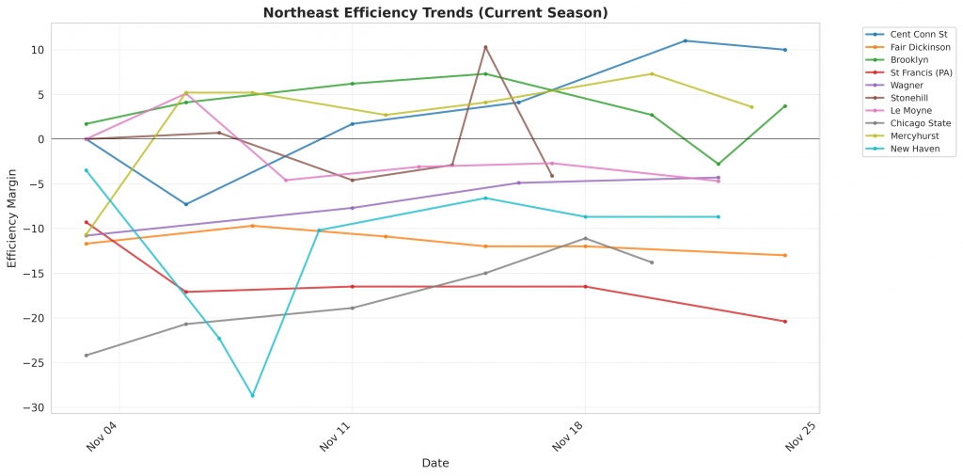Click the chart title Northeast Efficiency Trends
434,13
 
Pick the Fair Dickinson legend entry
919,46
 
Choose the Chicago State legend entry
919,122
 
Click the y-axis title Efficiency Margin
12,218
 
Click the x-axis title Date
434,463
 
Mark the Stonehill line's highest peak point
485,47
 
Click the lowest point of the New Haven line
252,396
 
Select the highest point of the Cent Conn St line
686,40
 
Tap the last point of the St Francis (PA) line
785,322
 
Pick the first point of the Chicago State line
87,356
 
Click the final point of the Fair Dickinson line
785,255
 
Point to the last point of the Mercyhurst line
751,107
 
